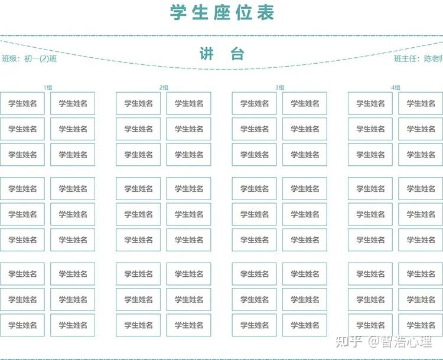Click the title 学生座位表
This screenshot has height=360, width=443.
click(222, 12)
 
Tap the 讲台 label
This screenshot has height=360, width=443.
click(222, 54)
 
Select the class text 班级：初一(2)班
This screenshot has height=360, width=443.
click(30, 58)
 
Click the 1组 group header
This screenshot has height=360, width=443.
click(47, 87)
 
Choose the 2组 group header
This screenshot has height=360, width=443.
click(164, 87)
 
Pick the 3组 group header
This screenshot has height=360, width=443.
click(279, 87)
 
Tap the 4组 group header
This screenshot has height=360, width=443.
click(395, 87)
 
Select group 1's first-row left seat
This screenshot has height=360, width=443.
click(22, 103)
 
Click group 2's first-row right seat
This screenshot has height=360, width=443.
click(188, 103)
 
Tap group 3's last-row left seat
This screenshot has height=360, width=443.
click(254, 325)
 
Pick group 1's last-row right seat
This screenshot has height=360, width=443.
click(73, 325)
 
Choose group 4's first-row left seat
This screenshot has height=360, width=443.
click(370, 103)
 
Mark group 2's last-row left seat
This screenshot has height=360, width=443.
click(138, 325)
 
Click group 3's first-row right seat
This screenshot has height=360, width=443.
click(304, 103)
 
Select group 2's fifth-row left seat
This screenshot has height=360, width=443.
click(138, 214)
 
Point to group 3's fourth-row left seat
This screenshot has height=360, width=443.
click(254, 189)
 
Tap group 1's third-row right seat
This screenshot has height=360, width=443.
click(73, 155)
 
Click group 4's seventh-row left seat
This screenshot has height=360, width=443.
click(370, 274)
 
